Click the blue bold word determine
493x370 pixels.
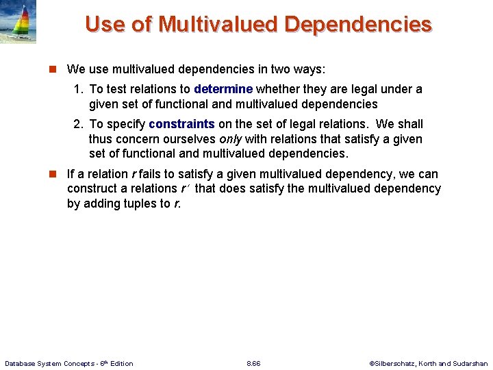pos(223,89)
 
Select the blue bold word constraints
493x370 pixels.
pos(181,124)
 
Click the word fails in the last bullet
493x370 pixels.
pos(152,174)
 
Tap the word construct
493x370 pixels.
pos(92,188)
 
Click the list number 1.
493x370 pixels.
pos(78,89)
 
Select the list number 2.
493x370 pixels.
pos(78,124)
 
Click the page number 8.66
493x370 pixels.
pos(253,363)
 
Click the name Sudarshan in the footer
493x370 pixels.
pos(470,363)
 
